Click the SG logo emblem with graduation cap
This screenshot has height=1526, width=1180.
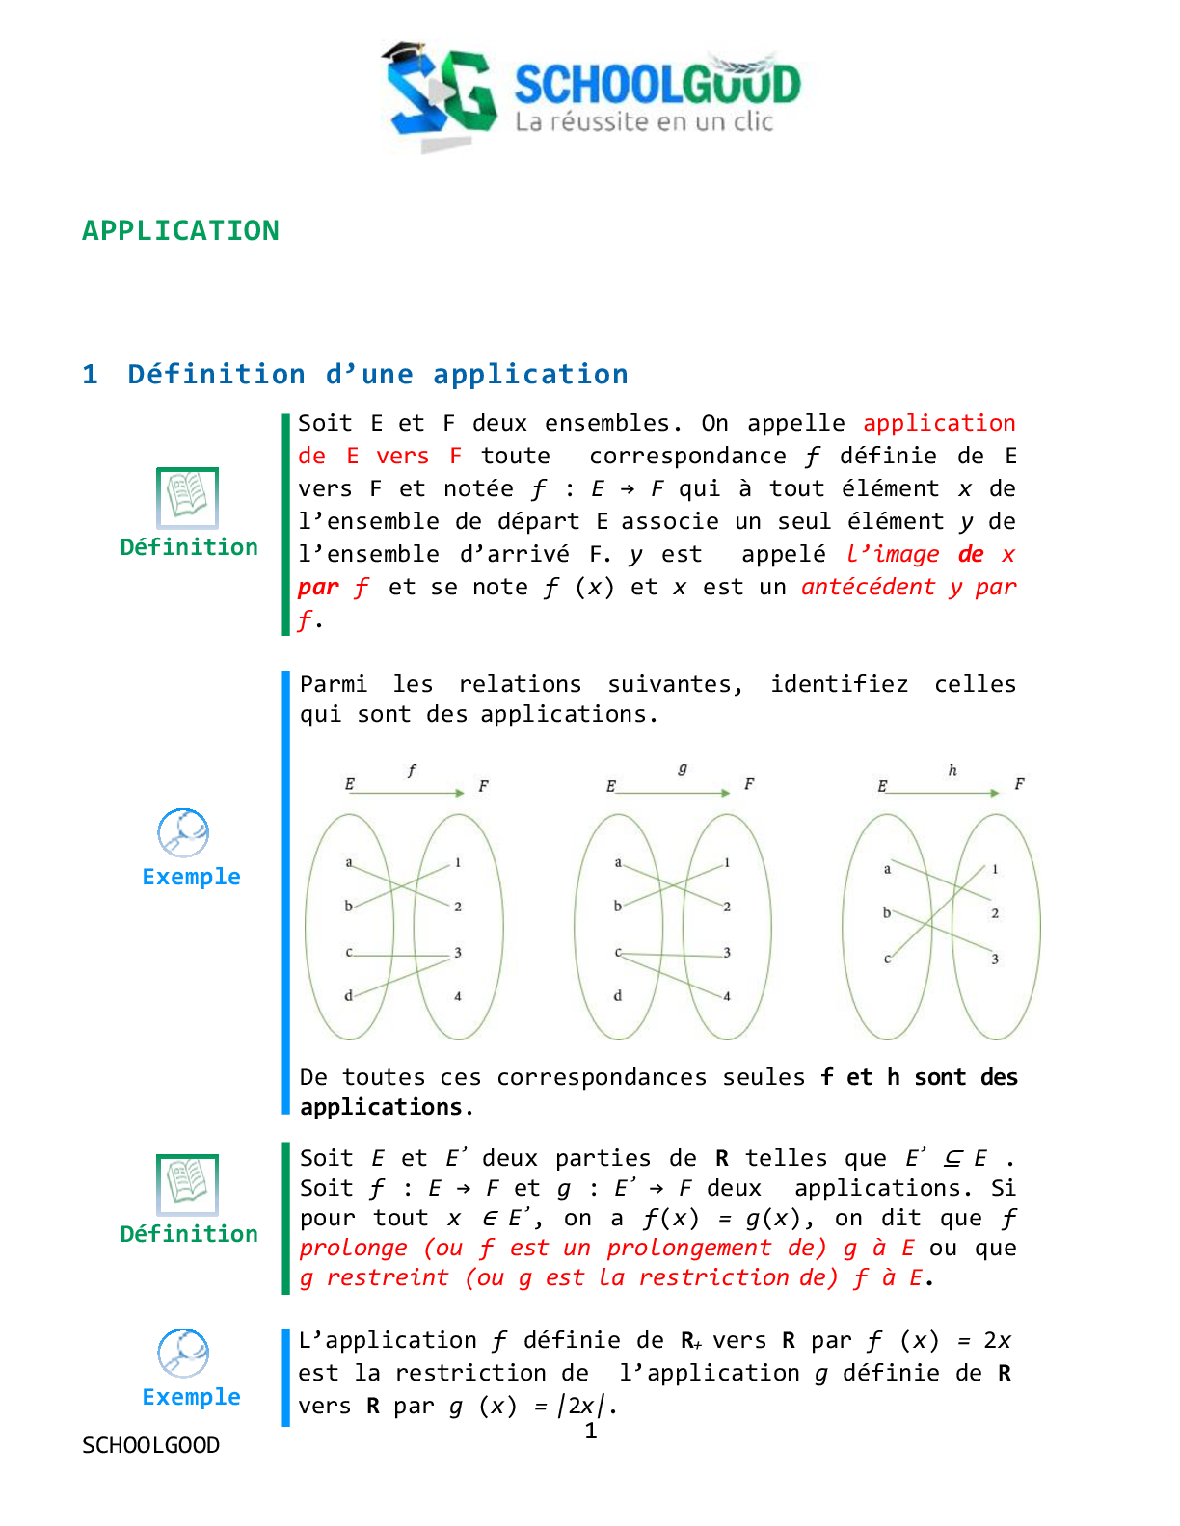coord(439,94)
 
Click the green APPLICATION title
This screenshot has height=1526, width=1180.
coord(180,231)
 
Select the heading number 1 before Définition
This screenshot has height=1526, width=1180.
coord(91,375)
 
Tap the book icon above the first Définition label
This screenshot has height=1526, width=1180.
coord(188,497)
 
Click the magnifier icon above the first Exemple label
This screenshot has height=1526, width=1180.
coord(183,832)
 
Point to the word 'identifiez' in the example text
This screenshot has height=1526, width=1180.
coord(839,684)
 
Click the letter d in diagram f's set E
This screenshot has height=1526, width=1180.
coord(349,995)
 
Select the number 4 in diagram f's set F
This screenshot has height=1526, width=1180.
coord(458,996)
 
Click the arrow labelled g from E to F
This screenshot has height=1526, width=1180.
coord(673,792)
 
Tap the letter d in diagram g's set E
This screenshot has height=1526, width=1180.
coord(618,995)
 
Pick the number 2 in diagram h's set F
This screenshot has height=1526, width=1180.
coord(995,913)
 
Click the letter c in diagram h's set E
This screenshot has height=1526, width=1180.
coord(887,959)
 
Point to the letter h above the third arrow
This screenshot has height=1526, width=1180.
coord(952,770)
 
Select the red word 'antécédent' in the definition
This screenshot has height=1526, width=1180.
coord(868,587)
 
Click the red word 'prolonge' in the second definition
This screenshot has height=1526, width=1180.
coord(353,1248)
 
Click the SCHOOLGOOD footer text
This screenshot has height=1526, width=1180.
coord(151,1445)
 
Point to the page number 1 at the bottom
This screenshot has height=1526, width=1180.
coord(591,1432)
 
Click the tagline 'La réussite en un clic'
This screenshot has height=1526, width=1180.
coord(644,122)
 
